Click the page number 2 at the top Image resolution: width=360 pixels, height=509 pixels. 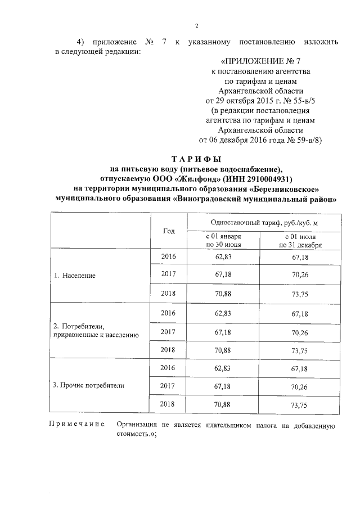pos(196,25)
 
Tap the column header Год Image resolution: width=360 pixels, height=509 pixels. pos(169,231)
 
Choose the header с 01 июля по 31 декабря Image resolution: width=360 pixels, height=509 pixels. pos(299,241)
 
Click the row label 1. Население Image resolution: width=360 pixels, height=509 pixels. pos(74,276)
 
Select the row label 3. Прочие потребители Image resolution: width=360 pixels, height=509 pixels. pos(88,386)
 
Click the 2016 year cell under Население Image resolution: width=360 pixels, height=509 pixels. pos(169,256)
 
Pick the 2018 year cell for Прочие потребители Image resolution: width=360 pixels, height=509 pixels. pos(169,404)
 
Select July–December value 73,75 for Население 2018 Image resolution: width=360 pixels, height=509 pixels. pos(299,294)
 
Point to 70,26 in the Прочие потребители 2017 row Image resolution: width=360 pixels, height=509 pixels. pos(299,386)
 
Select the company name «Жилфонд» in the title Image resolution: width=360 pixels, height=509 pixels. pos(192,179)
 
